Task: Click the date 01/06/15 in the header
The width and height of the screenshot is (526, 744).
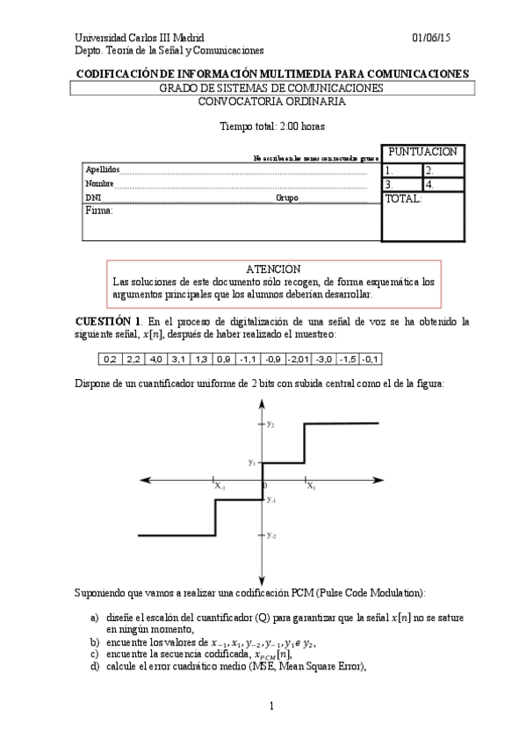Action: tap(432, 39)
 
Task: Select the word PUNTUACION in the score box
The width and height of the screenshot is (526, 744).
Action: tap(422, 153)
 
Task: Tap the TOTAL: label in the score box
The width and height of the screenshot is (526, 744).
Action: tap(404, 199)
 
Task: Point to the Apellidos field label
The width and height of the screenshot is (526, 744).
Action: tap(100, 169)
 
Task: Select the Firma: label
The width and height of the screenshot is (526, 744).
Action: tap(99, 211)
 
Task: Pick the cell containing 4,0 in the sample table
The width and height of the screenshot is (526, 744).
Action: tap(156, 359)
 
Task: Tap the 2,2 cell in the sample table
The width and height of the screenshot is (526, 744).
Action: tap(133, 359)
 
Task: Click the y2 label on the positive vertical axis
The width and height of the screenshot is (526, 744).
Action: tap(271, 425)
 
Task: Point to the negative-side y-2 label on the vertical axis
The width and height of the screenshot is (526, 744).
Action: tap(272, 534)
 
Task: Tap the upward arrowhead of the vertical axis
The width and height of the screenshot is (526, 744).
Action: tap(263, 403)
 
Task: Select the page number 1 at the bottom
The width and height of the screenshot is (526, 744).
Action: tap(272, 705)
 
